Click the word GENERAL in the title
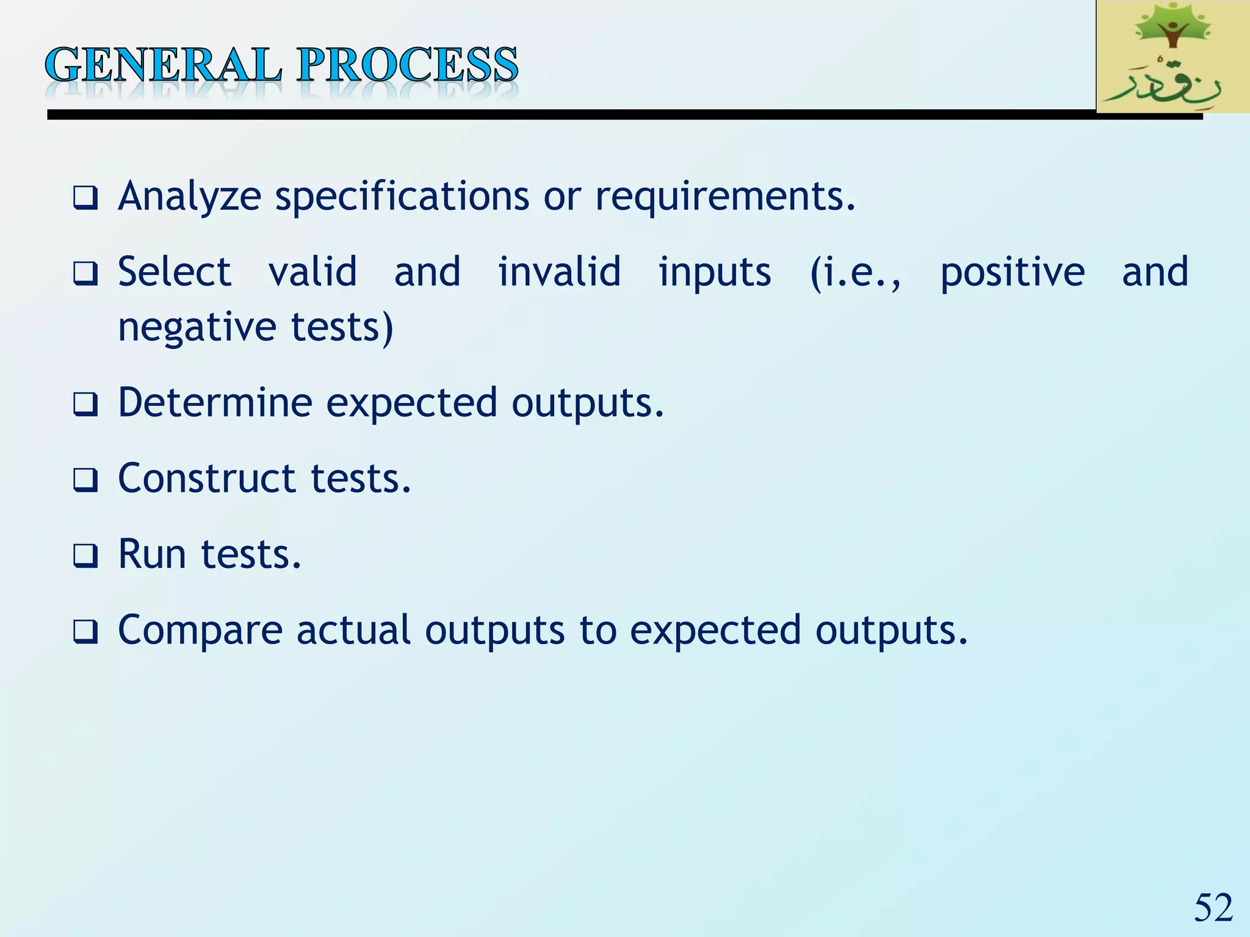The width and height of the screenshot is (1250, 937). tap(164, 65)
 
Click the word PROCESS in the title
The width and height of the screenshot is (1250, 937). tap(407, 65)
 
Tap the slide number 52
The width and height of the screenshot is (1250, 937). tap(1213, 908)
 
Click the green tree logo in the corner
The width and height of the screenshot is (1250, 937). tap(1172, 56)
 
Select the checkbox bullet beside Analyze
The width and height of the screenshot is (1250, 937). tap(85, 199)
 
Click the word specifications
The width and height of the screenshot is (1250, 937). tap(402, 197)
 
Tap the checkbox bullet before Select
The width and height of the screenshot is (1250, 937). tap(85, 274)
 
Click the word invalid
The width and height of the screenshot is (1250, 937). tap(559, 272)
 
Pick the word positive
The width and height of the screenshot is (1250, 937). tap(1013, 272)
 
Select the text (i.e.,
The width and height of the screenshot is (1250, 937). tap(856, 272)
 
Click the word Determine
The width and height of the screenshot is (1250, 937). tap(215, 403)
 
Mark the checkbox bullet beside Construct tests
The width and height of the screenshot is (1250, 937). tap(85, 480)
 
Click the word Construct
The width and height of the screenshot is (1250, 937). tap(207, 478)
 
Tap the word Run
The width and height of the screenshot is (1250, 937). tap(152, 554)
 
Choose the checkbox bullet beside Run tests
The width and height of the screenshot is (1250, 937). tap(85, 556)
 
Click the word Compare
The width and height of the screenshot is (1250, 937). tap(200, 630)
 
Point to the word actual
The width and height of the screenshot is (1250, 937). tap(353, 630)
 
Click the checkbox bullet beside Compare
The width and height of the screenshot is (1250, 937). tap(85, 632)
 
